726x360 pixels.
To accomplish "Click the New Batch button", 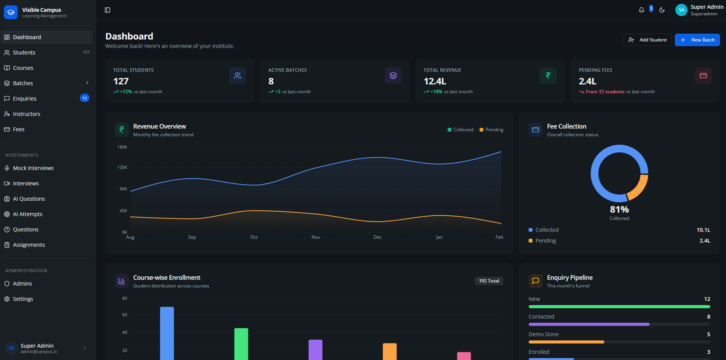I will [x=697, y=40].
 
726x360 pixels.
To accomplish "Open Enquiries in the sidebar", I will [x=25, y=99].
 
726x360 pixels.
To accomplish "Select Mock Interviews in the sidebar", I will [x=33, y=168].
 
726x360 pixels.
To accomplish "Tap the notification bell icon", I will [x=641, y=10].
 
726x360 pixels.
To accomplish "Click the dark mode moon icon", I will [x=662, y=10].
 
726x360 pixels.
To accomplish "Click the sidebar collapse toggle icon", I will [x=107, y=10].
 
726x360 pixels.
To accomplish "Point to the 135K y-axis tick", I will [x=122, y=167].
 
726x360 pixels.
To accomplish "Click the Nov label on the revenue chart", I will [x=316, y=237].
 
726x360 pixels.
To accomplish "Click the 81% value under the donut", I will [x=619, y=210].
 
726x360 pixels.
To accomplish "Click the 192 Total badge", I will [x=488, y=281].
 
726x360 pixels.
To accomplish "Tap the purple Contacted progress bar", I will [x=589, y=324].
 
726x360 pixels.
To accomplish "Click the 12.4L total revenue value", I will [x=435, y=81].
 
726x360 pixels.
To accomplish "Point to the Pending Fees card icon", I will [x=703, y=76].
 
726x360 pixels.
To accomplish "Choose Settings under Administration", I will [x=23, y=299].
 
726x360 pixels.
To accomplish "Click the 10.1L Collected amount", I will [x=703, y=230].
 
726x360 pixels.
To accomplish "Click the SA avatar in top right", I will [x=681, y=10].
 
